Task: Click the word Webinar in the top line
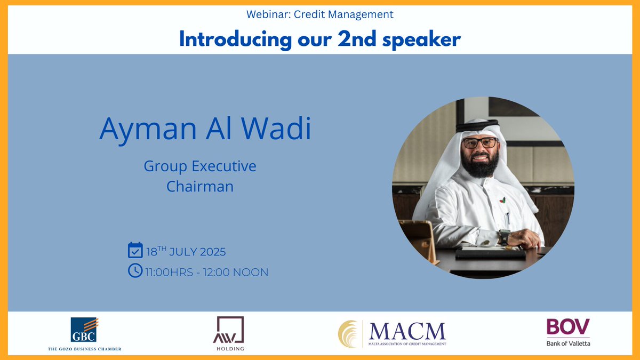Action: [263, 14]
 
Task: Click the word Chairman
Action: [200, 187]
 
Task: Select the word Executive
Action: [223, 166]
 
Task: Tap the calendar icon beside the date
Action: [135, 250]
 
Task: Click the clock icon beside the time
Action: [135, 271]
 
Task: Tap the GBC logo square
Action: [84, 330]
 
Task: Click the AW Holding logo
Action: [230, 331]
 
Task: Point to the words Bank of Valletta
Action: [568, 343]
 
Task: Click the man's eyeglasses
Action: [479, 143]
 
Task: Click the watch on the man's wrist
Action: [504, 235]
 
